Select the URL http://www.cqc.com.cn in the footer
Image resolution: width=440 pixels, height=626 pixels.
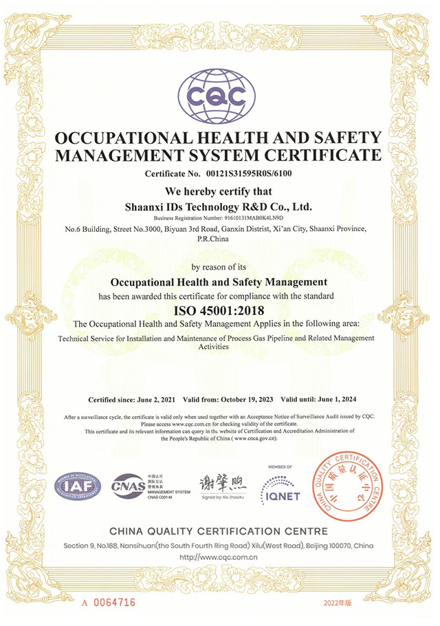(x=218, y=557)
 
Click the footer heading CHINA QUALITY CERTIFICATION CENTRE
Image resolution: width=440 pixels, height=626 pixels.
(x=219, y=532)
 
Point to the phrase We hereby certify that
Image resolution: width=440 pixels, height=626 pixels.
(x=219, y=192)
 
